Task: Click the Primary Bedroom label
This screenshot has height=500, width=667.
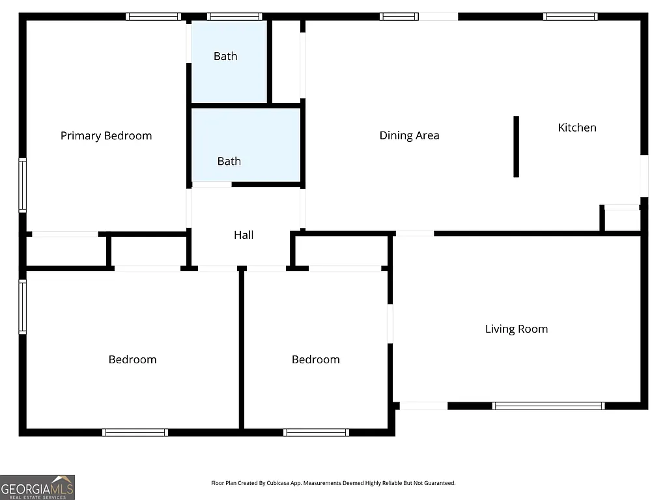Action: click(106, 135)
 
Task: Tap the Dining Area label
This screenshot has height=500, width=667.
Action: click(409, 135)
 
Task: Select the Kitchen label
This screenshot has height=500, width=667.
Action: click(577, 128)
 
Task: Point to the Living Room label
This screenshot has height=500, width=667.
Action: click(516, 329)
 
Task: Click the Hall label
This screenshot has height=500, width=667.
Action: click(244, 235)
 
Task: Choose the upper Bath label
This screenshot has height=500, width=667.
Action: click(225, 56)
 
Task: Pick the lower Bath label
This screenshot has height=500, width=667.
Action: click(229, 161)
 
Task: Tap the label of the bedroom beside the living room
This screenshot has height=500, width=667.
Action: click(315, 359)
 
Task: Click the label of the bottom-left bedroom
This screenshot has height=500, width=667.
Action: click(132, 359)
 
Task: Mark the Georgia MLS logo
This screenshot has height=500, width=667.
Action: click(37, 487)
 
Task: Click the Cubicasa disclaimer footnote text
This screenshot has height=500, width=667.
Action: click(333, 483)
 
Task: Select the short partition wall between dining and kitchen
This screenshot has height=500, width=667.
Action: click(516, 146)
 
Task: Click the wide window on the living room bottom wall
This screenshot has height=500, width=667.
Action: click(548, 406)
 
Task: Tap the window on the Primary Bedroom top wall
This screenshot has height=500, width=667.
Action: click(153, 16)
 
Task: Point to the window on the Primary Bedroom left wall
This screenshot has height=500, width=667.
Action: click(22, 186)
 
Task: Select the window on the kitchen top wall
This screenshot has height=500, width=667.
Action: click(570, 16)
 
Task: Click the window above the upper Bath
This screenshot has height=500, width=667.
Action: click(234, 16)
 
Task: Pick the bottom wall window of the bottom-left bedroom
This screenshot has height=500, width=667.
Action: click(135, 432)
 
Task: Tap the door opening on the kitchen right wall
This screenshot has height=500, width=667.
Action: click(644, 176)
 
